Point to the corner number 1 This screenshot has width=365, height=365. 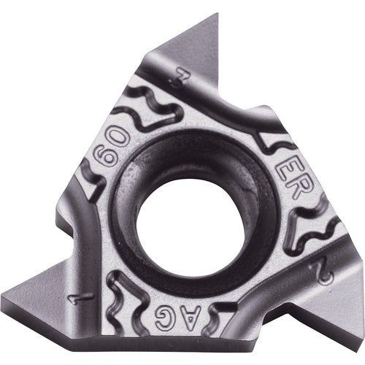[x=88, y=297]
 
